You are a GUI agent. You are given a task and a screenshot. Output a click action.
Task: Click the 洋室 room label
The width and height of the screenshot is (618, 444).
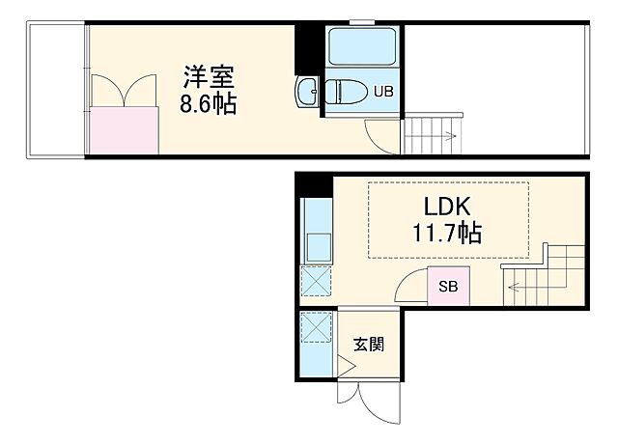pos(209,74)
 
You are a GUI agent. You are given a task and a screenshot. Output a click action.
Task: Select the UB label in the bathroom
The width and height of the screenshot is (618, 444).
pos(383,93)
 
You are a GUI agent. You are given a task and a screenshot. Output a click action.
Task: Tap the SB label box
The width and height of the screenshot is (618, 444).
pos(449,287)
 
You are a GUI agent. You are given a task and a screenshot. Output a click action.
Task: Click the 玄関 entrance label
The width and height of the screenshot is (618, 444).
pos(368,344)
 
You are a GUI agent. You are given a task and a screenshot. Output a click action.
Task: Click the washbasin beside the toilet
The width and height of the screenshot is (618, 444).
pos(307,93)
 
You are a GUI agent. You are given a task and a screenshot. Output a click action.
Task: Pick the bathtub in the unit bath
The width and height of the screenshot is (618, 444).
pos(363,47)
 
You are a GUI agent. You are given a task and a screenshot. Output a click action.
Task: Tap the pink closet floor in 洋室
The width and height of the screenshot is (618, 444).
pos(125,131)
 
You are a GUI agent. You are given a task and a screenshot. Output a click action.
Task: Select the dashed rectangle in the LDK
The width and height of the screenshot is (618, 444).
pos(449,221)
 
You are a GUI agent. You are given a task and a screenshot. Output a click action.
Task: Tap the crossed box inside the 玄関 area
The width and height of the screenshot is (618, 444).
pos(315,329)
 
